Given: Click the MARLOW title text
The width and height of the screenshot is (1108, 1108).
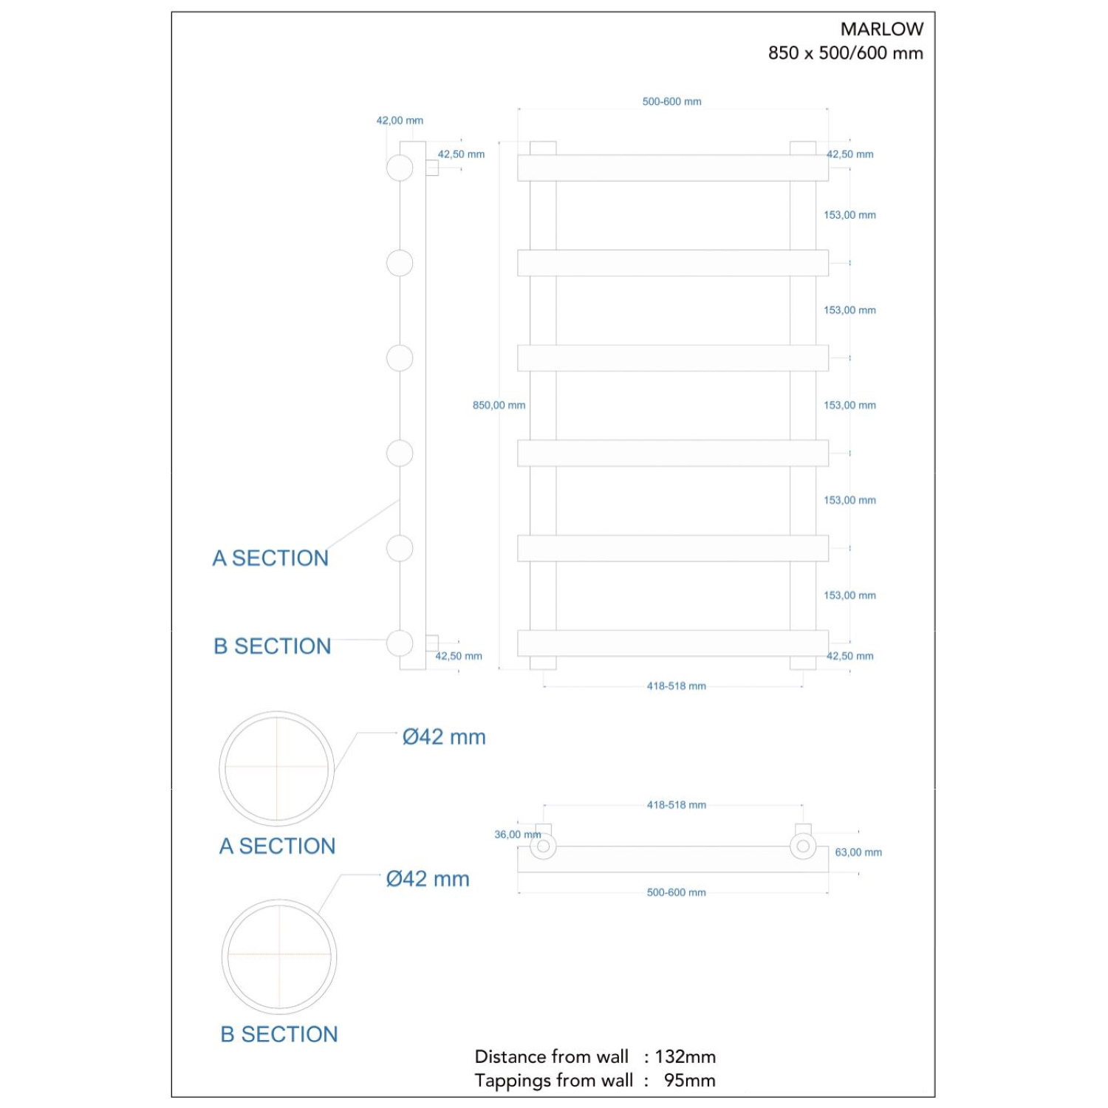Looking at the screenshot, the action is (881, 29).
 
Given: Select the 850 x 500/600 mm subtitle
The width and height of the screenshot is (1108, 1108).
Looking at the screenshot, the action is (845, 53).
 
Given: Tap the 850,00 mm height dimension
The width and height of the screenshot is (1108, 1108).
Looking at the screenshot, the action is (499, 405).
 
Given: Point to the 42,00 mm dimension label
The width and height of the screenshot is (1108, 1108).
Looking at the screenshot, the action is (400, 120).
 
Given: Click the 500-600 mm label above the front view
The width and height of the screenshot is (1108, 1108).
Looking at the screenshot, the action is (671, 101).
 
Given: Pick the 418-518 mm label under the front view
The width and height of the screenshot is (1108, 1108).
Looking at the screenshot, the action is (676, 686).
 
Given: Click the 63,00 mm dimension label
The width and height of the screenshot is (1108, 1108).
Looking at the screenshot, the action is (858, 852).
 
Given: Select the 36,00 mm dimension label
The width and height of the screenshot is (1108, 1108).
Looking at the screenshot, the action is (517, 835).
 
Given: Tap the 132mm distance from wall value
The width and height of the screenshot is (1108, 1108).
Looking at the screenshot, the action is (685, 1056).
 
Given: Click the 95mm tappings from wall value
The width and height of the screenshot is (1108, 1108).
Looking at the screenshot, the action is (689, 1080).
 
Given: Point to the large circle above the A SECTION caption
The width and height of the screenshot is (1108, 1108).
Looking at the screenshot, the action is (277, 768).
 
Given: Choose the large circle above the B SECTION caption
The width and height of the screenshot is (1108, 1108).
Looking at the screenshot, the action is (279, 957).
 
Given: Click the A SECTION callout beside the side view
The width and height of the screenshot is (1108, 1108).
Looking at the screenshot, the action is (270, 558).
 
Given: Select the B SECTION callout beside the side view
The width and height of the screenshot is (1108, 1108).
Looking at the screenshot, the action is (272, 646).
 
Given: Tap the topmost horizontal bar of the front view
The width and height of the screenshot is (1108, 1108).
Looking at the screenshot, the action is (672, 168).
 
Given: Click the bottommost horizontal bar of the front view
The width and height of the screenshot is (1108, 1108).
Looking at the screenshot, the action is (672, 643).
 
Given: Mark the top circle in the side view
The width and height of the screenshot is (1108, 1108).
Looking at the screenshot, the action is (400, 168).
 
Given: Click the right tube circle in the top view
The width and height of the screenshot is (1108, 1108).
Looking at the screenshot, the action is (803, 846).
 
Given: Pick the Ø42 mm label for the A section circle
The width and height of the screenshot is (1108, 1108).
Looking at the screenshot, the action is (444, 737).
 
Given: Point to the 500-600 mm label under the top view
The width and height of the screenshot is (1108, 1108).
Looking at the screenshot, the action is (676, 892).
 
